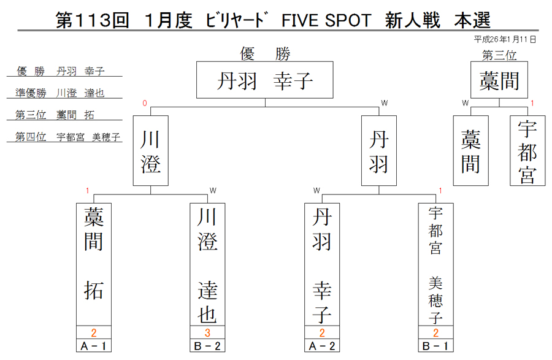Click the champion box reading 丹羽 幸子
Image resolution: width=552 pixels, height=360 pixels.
pyautogui.click(x=265, y=80)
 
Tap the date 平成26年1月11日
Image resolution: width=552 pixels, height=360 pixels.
pyautogui.click(x=505, y=39)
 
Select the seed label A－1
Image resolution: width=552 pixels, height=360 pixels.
pyautogui.click(x=94, y=346)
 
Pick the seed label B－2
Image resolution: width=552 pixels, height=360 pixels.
pyautogui.click(x=207, y=346)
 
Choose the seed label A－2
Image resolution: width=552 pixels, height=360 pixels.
pyautogui.click(x=322, y=346)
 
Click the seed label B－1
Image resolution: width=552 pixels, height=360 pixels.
pyautogui.click(x=436, y=346)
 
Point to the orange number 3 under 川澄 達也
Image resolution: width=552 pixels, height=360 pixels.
pyautogui.click(x=207, y=332)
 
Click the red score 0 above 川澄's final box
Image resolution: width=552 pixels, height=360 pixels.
pyautogui.click(x=144, y=103)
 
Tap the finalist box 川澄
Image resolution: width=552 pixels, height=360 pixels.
pyautogui.click(x=151, y=151)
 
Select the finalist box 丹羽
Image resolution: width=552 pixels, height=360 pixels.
pyautogui.click(x=379, y=151)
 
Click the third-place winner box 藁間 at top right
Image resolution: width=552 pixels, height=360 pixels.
pyautogui.click(x=499, y=80)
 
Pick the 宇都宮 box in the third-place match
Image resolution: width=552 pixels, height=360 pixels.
pyautogui.click(x=527, y=151)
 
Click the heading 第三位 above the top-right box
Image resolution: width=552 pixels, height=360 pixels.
pyautogui.click(x=499, y=55)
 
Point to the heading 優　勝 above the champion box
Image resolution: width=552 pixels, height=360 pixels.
pyautogui.click(x=265, y=54)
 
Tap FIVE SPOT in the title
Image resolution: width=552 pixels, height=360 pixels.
pyautogui.click(x=326, y=20)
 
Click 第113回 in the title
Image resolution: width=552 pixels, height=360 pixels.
pyautogui.click(x=93, y=20)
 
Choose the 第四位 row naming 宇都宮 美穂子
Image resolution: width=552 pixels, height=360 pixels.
pyautogui.click(x=67, y=137)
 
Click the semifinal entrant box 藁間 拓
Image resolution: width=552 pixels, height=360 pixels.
pyautogui.click(x=94, y=264)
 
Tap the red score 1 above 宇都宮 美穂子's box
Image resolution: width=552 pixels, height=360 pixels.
pyautogui.click(x=440, y=190)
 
